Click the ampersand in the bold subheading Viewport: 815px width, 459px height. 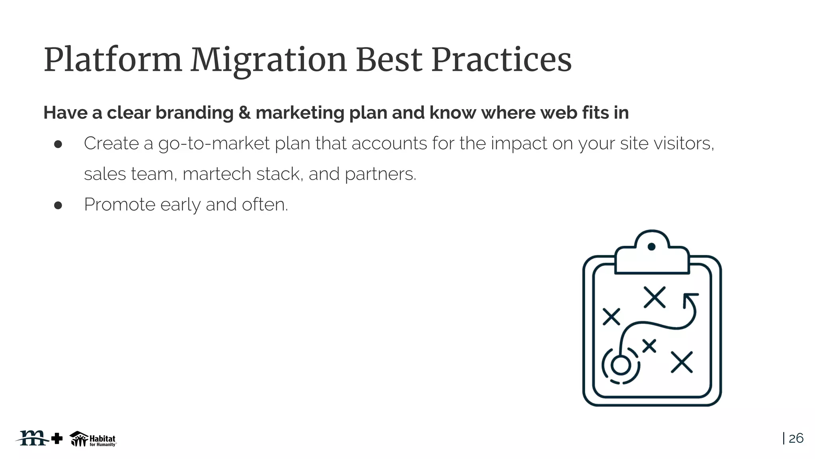click(244, 113)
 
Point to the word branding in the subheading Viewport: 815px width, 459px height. click(194, 113)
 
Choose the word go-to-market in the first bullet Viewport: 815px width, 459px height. click(214, 143)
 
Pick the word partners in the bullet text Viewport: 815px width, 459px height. click(380, 174)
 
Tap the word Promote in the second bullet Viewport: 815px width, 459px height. click(119, 205)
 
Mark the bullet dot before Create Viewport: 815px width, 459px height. click(58, 144)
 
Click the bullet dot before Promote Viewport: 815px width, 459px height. click(58, 205)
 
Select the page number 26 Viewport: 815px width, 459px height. click(796, 438)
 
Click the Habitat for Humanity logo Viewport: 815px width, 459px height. click(93, 439)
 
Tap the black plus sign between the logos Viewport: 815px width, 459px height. click(57, 438)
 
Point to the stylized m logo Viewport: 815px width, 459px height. click(33, 438)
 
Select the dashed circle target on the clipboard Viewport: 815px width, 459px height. click(620, 365)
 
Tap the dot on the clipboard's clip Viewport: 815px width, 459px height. click(651, 247)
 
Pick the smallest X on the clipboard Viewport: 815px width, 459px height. click(649, 346)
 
